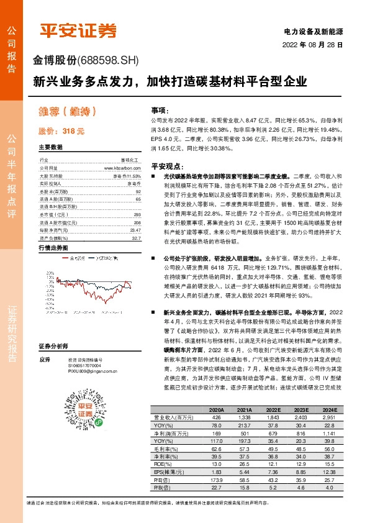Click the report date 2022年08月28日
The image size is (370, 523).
pyautogui.click(x=317, y=45)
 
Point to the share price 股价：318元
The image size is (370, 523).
pyautogui.click(x=61, y=131)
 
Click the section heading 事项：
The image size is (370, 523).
pyautogui.click(x=160, y=109)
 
